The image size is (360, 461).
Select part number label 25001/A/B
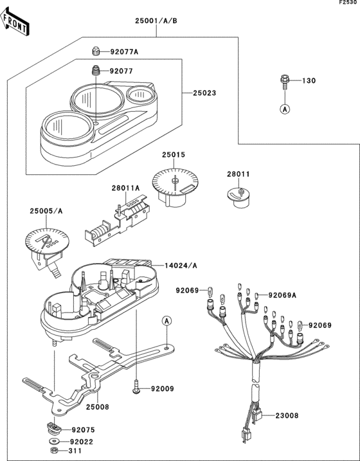(x=156, y=21)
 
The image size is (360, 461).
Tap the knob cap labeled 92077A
(x=96, y=51)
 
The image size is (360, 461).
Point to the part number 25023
(x=204, y=93)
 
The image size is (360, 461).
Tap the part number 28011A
(x=125, y=188)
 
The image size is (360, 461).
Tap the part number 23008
(x=287, y=416)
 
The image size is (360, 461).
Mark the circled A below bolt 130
(x=283, y=109)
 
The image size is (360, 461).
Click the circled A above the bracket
(x=166, y=320)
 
